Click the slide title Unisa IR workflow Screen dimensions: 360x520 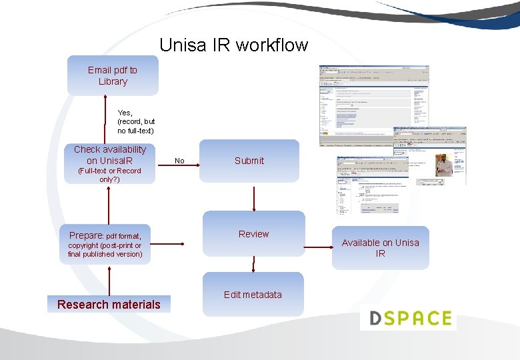pyautogui.click(x=233, y=45)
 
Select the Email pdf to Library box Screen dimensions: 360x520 pyautogui.click(x=113, y=75)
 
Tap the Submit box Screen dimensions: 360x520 pyautogui.click(x=249, y=161)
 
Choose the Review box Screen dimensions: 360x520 pyautogui.click(x=253, y=234)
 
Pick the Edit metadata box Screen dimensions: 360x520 pyautogui.click(x=253, y=295)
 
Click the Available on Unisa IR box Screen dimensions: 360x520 pyautogui.click(x=380, y=248)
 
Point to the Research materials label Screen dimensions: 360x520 pyautogui.click(x=109, y=305)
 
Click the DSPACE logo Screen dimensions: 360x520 pyautogui.click(x=408, y=318)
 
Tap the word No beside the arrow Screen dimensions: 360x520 pyautogui.click(x=179, y=161)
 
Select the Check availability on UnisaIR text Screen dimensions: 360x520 pyautogui.click(x=109, y=155)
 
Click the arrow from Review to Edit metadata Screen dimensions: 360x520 pyautogui.click(x=253, y=265)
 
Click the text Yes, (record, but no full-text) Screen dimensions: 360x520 pyautogui.click(x=135, y=122)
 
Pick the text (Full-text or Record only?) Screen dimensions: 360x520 pyautogui.click(x=109, y=175)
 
